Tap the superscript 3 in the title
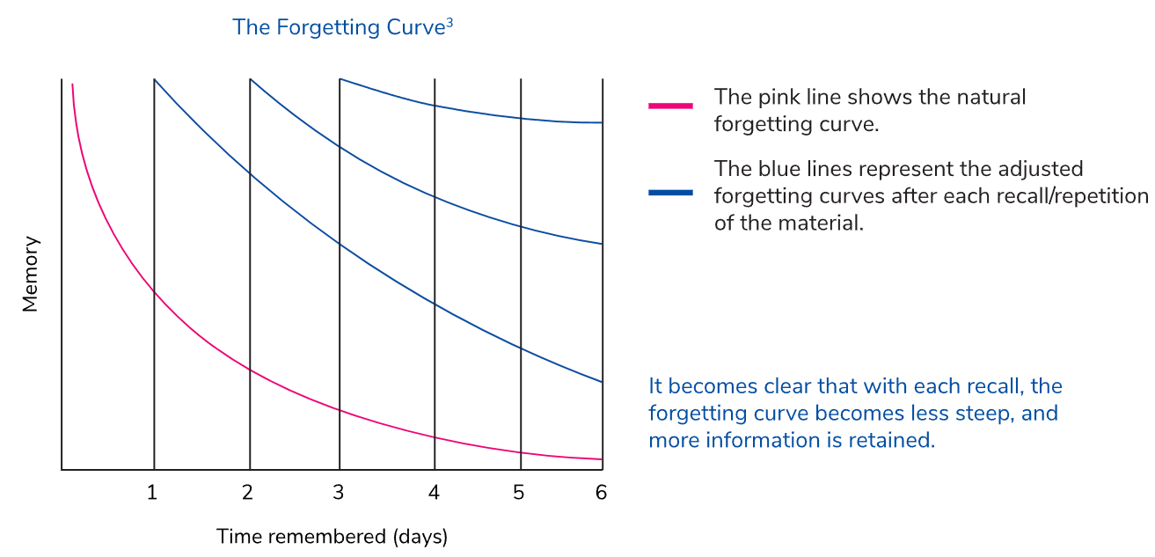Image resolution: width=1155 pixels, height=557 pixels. pos(450,23)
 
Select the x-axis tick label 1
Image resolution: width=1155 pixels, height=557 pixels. pos(152,493)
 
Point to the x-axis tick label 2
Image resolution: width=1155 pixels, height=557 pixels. pos(247,493)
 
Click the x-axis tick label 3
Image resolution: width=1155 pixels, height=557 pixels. pos(339,493)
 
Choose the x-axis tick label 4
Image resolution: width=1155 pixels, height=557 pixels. pos(434,493)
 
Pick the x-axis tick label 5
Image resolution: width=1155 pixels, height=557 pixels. pos(519,493)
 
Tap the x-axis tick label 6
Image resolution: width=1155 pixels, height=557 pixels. pos(601,493)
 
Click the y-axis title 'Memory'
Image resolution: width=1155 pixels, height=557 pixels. pos(30,275)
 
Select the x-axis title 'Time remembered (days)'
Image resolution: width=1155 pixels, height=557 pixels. pos(332,537)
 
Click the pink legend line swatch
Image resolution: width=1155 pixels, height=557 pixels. pos(670,106)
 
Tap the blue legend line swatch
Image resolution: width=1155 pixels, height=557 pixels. pos(670,193)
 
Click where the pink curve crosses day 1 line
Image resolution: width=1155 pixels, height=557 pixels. pos(154,292)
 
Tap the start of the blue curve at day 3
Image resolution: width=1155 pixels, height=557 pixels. pos(340,79)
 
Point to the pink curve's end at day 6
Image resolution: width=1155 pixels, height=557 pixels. pos(603,459)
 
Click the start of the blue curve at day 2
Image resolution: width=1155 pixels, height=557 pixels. pos(250,79)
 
